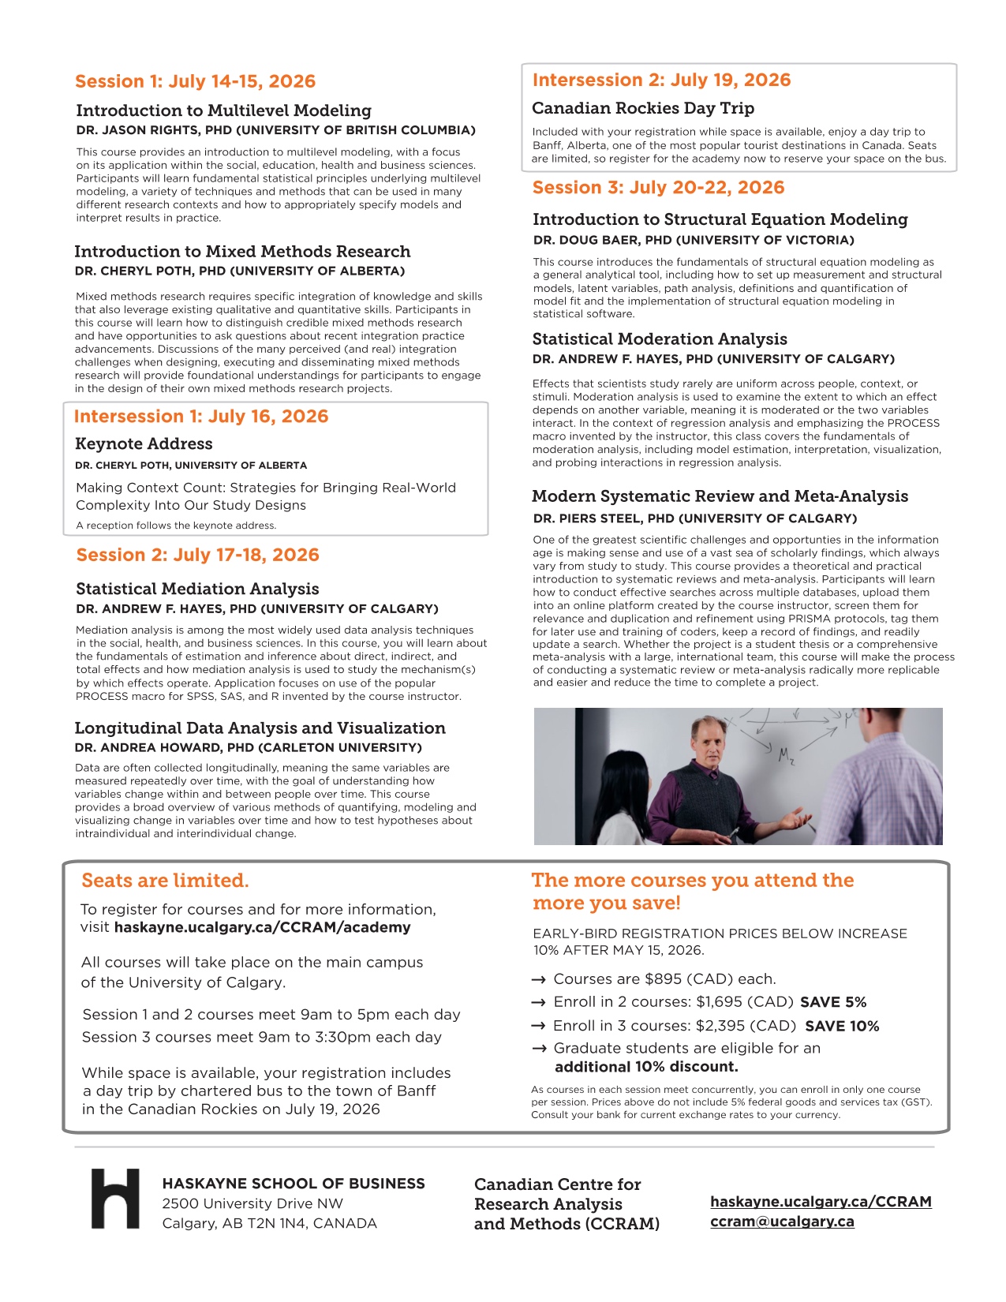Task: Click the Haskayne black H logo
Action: [115, 1198]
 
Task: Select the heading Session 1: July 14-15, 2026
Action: [195, 81]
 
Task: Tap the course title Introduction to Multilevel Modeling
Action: [223, 110]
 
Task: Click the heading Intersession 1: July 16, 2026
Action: [200, 417]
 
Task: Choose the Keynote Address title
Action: [144, 443]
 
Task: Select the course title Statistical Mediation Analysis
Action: [197, 589]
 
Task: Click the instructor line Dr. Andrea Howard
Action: [248, 747]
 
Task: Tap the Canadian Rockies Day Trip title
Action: [642, 108]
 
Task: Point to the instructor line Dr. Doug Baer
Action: [694, 240]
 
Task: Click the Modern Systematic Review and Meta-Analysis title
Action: [720, 496]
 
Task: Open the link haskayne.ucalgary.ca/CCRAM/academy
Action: [262, 927]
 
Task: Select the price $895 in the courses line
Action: [663, 979]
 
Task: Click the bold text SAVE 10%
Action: [842, 1026]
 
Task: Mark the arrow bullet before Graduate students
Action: [540, 1049]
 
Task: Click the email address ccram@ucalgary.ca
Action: [782, 1221]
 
